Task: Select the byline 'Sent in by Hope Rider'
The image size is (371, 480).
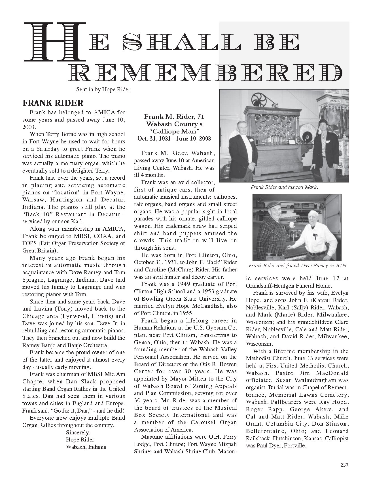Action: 103,90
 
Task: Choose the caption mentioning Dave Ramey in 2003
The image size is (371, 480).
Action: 297,266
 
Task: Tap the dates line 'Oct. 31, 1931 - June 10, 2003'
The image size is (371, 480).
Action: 174,139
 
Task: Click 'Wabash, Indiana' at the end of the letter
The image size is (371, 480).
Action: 86,447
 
